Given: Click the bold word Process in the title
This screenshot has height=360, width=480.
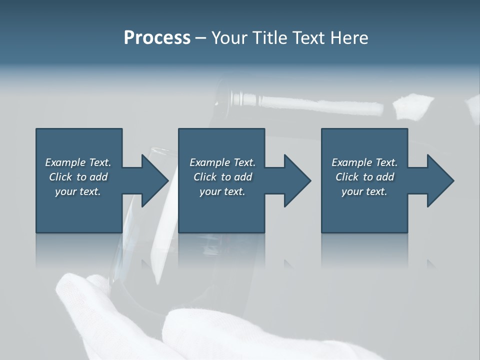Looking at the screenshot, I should (157, 38).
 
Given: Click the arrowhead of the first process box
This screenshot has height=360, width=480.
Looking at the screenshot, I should (155, 180).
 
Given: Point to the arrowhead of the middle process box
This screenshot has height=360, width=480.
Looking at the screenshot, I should (297, 180).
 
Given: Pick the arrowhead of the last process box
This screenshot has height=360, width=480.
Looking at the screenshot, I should (440, 180).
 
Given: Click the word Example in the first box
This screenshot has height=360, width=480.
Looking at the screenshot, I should (65, 162).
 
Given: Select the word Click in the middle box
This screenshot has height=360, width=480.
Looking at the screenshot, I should (205, 177).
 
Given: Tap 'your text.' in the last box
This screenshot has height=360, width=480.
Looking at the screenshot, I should (364, 191).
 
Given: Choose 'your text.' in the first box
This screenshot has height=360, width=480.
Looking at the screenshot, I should (78, 191).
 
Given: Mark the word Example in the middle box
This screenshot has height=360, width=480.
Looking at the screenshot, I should (209, 162).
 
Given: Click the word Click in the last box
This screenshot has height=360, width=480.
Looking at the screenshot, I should (347, 177).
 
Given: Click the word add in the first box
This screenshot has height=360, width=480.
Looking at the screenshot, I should (98, 177).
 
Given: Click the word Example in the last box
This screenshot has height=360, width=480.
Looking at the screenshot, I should (351, 162).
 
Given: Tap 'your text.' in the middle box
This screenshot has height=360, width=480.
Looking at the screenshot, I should (222, 191).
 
